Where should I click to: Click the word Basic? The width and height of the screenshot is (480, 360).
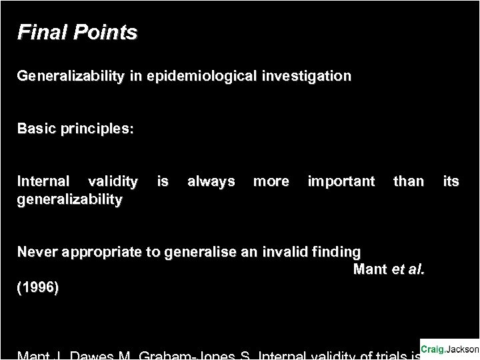click(36, 129)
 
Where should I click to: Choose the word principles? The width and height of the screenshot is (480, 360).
click(97, 129)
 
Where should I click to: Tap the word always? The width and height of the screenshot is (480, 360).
click(211, 181)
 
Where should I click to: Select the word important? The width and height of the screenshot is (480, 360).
click(341, 181)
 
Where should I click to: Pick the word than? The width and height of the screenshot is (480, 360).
click(409, 181)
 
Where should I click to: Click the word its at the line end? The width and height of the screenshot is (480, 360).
click(451, 181)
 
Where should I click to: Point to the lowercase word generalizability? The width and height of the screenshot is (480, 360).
click(70, 199)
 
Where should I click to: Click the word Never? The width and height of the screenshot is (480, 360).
click(37, 252)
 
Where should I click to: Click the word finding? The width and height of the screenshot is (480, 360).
click(337, 252)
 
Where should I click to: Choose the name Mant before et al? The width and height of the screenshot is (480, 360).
click(369, 270)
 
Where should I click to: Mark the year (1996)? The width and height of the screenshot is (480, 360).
click(37, 288)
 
